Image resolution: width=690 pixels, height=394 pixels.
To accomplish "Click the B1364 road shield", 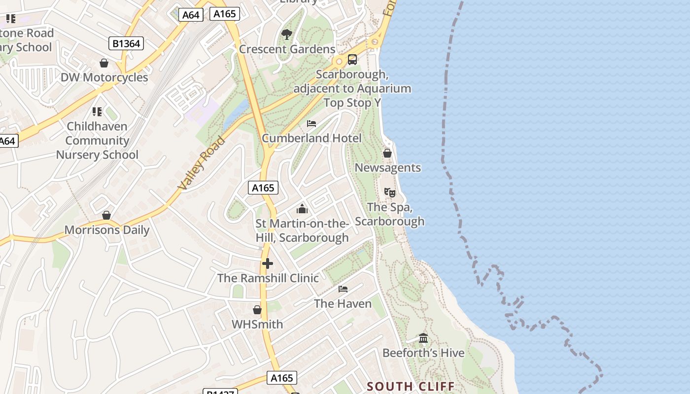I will coord(126,43).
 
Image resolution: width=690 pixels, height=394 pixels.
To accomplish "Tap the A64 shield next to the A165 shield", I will coord(191,15).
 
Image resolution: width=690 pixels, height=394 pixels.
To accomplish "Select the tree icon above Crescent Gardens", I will coord(286,34).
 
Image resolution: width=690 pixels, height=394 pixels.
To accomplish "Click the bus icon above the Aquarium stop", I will coord(352,60).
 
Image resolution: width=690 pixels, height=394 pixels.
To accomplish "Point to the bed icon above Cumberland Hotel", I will coord(311,123).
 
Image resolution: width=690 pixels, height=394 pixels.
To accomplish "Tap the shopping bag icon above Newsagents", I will coord(387,153).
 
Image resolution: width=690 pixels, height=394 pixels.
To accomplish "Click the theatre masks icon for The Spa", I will coord(389,192).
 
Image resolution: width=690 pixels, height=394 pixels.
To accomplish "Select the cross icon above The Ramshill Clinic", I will coord(268,263).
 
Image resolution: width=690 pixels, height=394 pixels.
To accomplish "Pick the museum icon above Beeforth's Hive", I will coord(423,338).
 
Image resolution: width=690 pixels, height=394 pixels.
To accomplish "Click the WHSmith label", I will coord(257,324).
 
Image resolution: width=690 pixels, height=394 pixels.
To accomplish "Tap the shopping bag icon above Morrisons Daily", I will coord(106,215).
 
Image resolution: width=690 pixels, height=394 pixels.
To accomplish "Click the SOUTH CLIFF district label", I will coord(411,386).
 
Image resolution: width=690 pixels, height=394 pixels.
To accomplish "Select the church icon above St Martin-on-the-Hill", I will coord(302,209).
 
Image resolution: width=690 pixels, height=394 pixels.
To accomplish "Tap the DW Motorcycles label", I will coord(104,77).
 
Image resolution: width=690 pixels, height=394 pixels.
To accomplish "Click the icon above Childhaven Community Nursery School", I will coord(97,111).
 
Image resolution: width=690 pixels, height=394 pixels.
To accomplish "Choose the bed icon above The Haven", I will coord(343,289).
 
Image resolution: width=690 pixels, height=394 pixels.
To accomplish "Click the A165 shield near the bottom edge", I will coord(282,378).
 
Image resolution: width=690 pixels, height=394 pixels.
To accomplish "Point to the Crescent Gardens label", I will coord(287,49).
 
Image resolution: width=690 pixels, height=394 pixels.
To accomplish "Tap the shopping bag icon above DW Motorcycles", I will coord(104,63).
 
